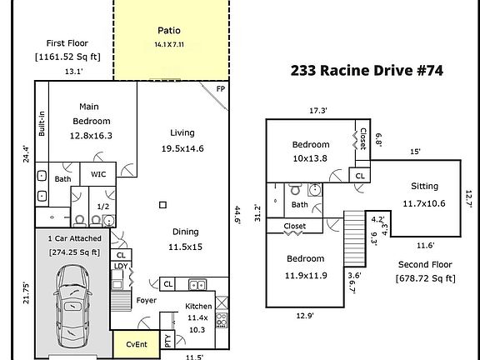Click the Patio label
169,31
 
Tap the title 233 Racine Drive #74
367,70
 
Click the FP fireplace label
221,89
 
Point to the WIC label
98,174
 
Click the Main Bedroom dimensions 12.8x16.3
91,136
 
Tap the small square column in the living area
162,205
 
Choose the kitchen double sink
197,285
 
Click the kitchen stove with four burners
222,320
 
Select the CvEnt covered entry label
137,344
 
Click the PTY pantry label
168,340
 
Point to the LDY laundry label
121,266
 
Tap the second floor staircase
354,238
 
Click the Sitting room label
425,186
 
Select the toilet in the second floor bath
295,189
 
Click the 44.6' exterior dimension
237,215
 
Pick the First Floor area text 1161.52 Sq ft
67,57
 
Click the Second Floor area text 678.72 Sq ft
426,278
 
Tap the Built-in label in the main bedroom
42,123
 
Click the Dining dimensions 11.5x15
185,247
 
